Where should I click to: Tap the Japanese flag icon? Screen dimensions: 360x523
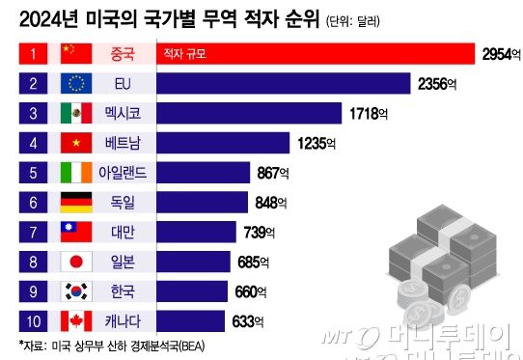76,262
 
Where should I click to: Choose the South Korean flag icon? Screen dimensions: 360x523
76,291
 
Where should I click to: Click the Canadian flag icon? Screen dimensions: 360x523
76,320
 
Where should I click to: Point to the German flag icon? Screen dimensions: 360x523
76,203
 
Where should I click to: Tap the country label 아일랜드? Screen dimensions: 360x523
125,174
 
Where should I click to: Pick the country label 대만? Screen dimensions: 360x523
125,232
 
